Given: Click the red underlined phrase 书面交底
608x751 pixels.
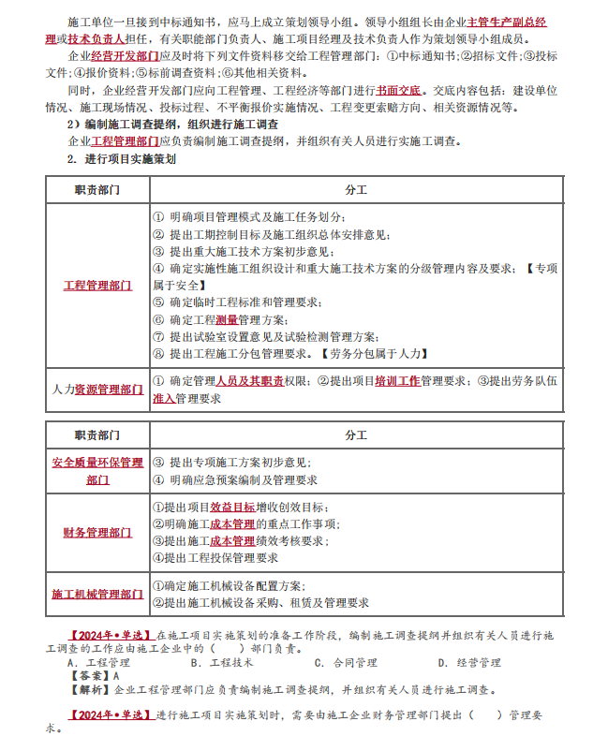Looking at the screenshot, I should pos(396,92).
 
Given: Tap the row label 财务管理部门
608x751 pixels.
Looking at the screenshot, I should pos(97,533).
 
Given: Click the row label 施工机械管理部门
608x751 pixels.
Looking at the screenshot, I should pos(97,595).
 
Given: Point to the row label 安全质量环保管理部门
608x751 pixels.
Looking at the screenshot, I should pos(97,471).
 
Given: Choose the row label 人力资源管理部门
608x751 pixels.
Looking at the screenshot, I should pos(97,389).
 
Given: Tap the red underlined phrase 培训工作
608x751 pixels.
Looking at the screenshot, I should pos(397,381).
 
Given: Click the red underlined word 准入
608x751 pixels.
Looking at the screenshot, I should pos(163,398).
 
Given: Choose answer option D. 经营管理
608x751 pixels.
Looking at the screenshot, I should pos(468,663).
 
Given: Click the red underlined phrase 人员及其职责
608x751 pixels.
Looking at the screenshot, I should pos(249,381).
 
